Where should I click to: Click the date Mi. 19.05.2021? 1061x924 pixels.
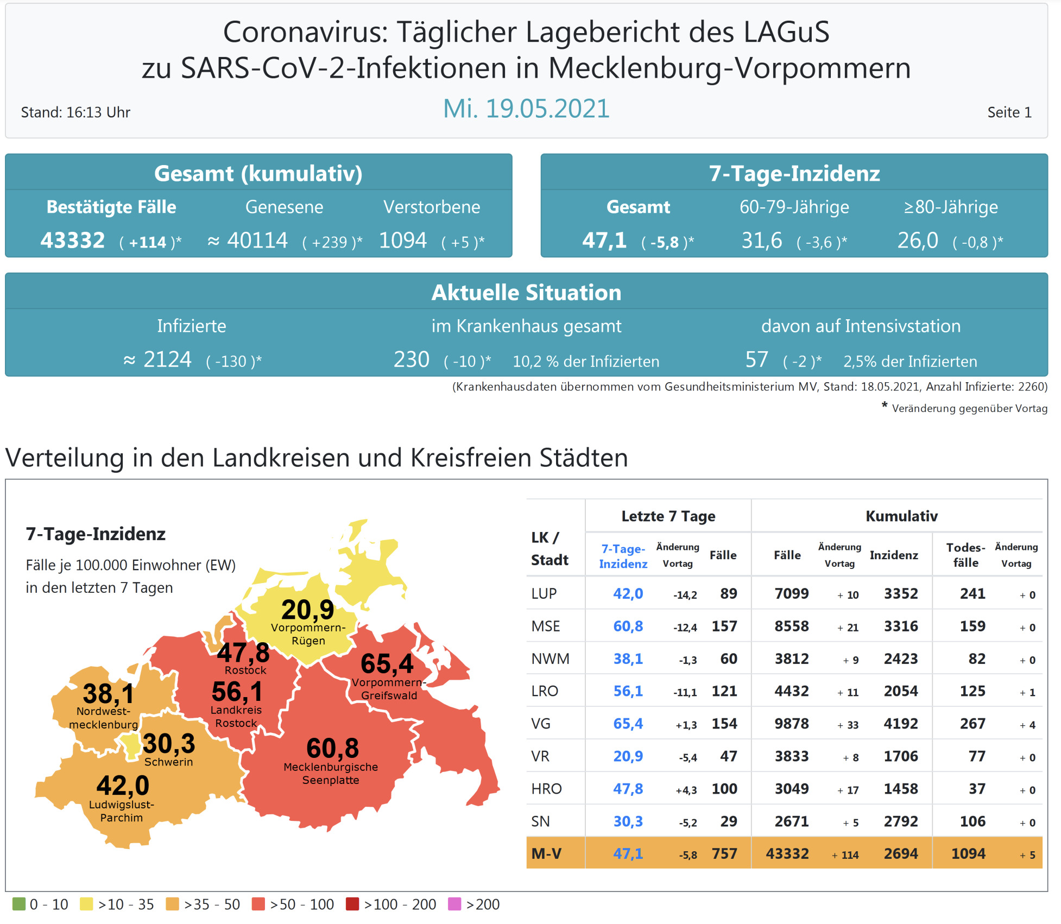click(526, 109)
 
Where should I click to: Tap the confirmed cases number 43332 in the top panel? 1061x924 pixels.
click(73, 241)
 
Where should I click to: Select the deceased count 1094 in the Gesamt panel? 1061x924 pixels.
click(403, 241)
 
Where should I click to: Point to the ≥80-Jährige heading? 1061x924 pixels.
click(950, 207)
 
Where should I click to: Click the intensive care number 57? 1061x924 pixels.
click(756, 360)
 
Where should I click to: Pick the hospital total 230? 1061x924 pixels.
click(411, 360)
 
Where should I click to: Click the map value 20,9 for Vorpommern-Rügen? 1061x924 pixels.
click(307, 610)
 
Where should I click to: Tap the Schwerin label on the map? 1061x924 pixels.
click(168, 762)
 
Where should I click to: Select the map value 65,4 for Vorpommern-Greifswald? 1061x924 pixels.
click(387, 663)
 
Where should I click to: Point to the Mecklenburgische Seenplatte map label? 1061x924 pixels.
click(331, 774)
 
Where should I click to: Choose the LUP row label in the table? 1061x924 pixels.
click(544, 593)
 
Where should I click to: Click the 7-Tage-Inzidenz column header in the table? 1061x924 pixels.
click(623, 556)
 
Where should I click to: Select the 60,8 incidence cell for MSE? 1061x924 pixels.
click(628, 626)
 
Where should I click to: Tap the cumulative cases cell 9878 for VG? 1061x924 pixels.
click(791, 724)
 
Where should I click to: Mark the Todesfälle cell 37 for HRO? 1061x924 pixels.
click(976, 789)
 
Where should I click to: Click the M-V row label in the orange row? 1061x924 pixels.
click(546, 853)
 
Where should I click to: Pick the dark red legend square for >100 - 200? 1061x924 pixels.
click(352, 904)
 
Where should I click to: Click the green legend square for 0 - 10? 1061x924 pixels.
click(19, 904)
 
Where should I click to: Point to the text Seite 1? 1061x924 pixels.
click(1009, 112)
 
